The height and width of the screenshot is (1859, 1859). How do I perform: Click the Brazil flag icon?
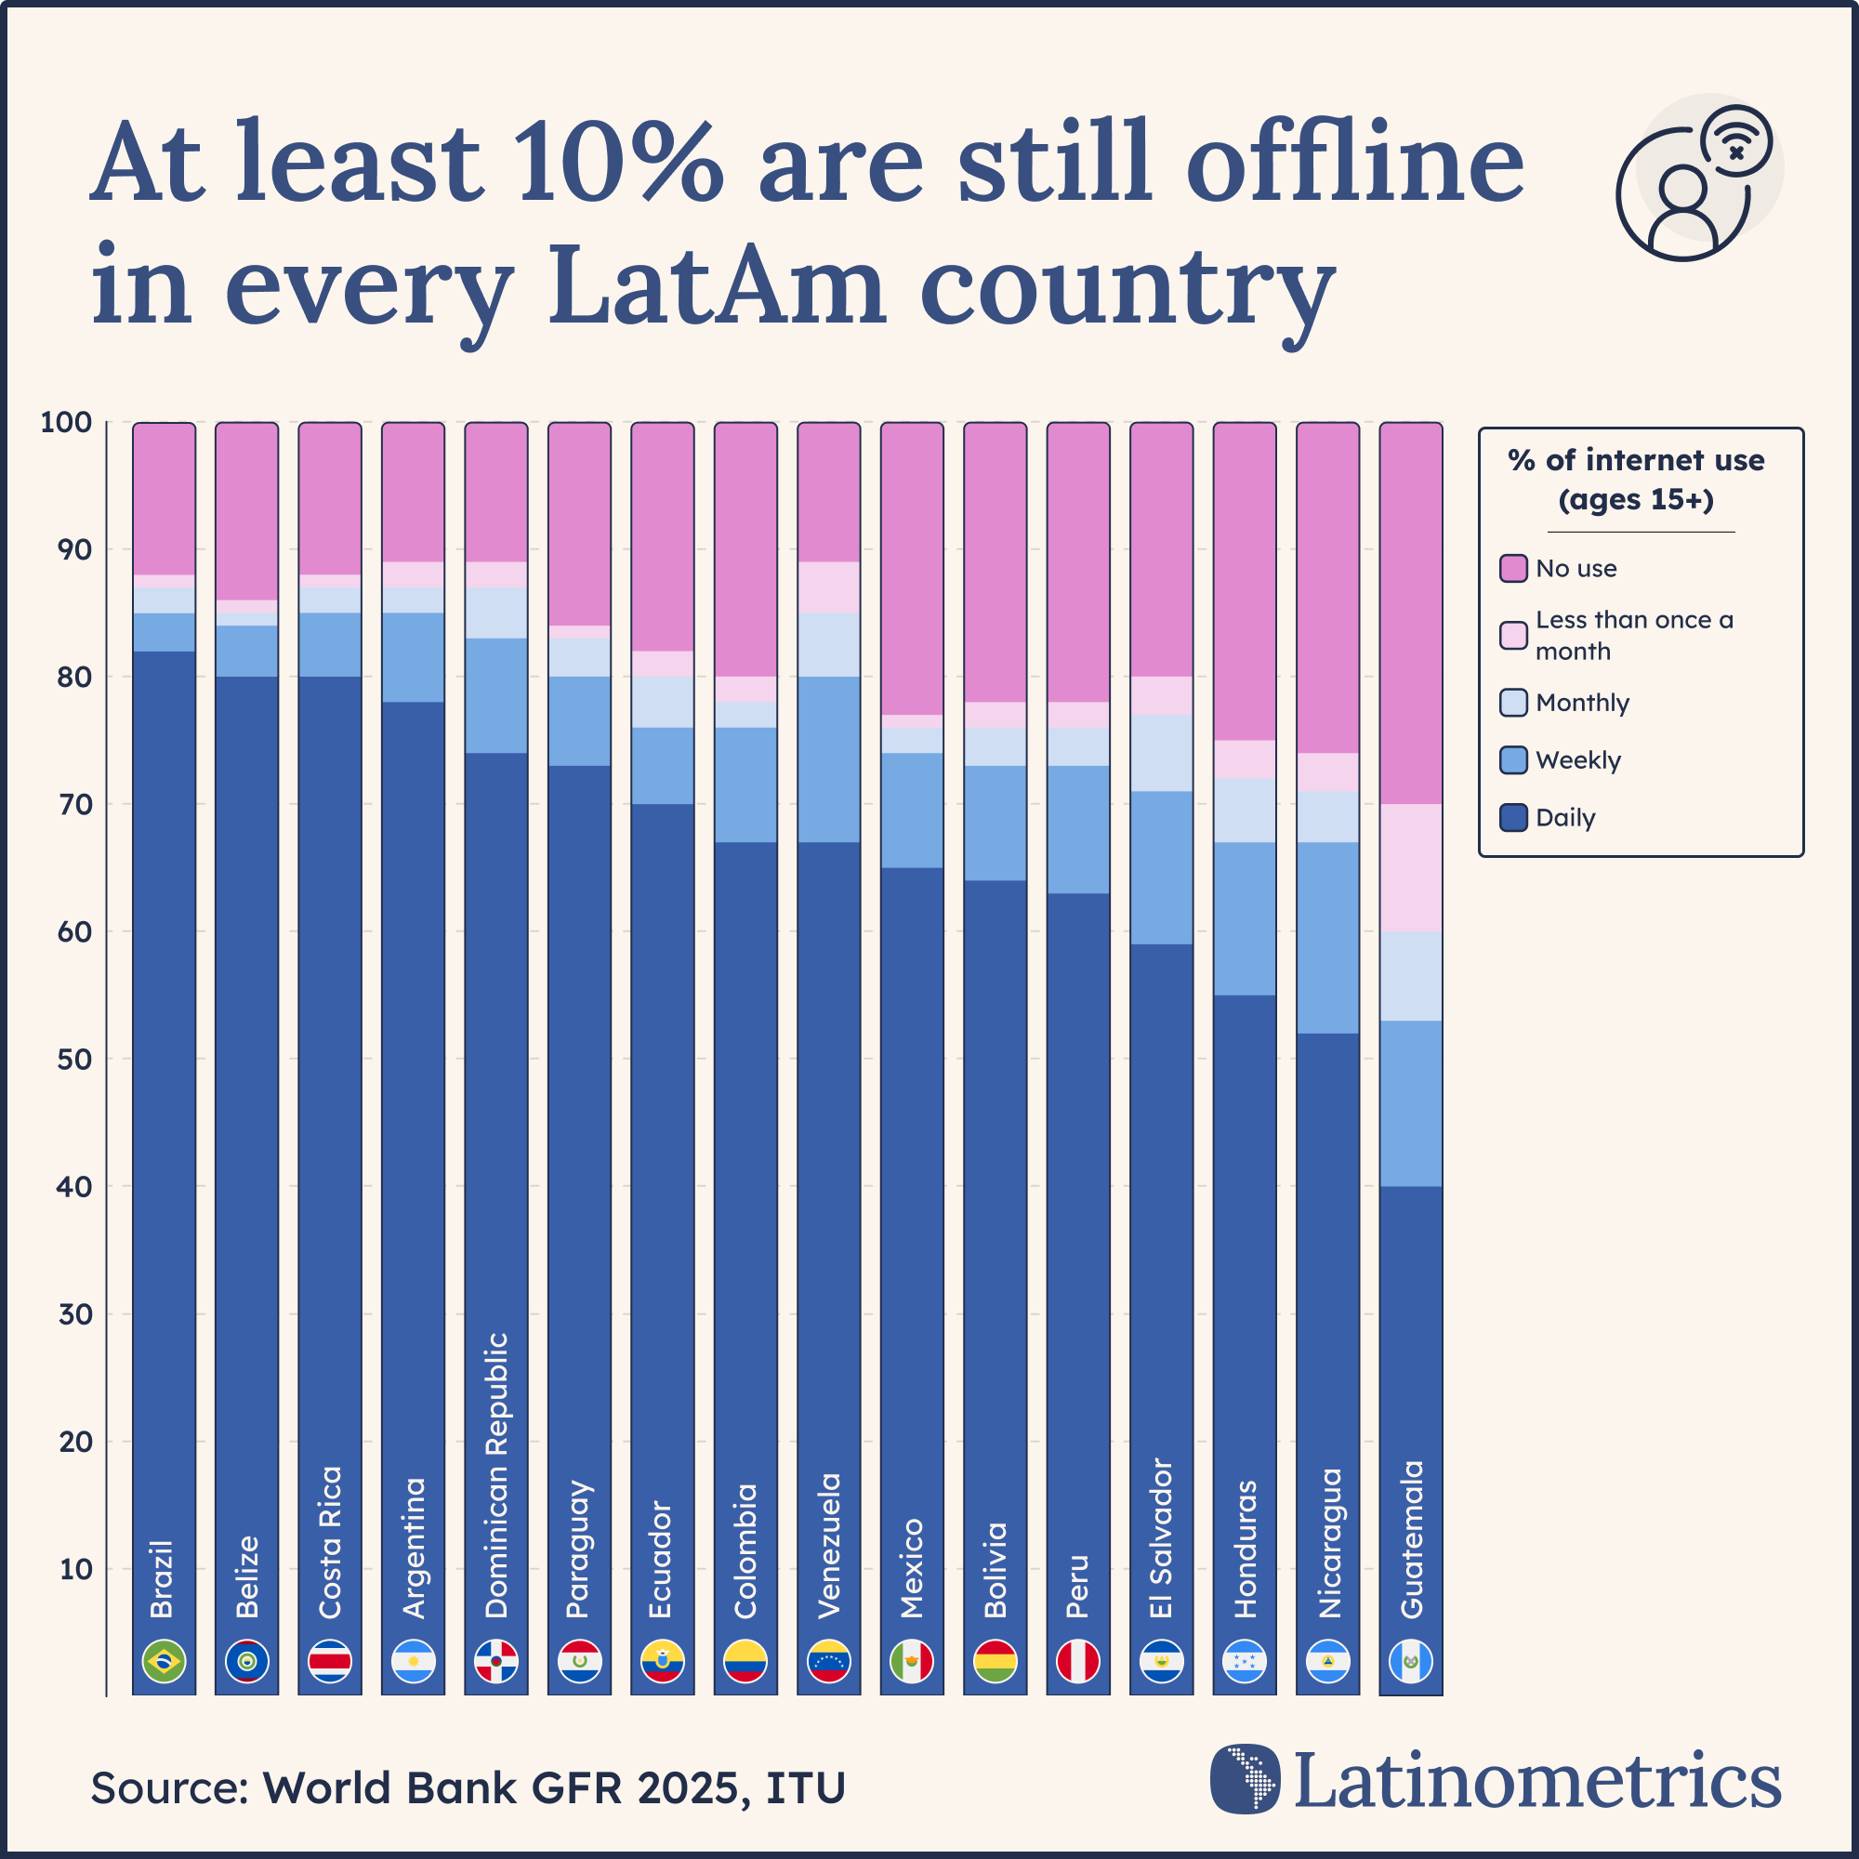[x=164, y=1661]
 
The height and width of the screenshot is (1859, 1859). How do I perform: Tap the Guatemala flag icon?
[x=1411, y=1661]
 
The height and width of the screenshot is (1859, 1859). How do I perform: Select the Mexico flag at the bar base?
[x=912, y=1661]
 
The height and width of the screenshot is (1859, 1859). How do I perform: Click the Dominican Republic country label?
[x=496, y=1475]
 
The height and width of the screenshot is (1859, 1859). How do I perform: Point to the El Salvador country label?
[x=1161, y=1538]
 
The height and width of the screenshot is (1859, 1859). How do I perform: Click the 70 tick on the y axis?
[x=75, y=804]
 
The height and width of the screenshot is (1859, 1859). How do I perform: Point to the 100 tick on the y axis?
[x=66, y=422]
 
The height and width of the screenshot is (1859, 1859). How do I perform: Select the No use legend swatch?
[x=1513, y=568]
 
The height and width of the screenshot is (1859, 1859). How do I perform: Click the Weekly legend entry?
[x=1578, y=760]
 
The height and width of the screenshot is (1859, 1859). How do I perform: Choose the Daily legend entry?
[x=1564, y=818]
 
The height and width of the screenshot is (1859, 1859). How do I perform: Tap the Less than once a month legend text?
[x=1634, y=635]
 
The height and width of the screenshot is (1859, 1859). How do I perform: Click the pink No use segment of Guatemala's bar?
[x=1411, y=613]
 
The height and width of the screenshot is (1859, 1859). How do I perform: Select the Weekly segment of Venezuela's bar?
[x=828, y=759]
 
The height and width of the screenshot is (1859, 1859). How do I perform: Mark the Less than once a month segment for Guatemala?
[x=1411, y=867]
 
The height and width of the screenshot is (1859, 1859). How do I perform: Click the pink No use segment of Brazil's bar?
[x=164, y=498]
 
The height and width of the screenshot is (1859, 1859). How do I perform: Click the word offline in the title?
[x=1355, y=164]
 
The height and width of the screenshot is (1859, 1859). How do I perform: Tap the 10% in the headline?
[x=616, y=164]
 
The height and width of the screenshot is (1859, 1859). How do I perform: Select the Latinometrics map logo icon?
[x=1246, y=1778]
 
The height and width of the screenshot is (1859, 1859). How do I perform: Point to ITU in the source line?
[x=805, y=1787]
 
